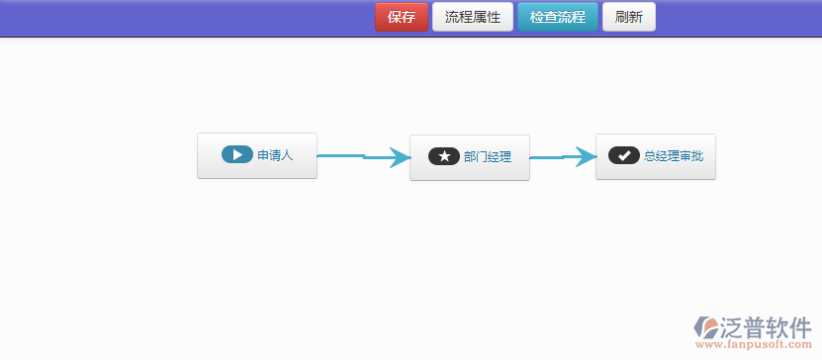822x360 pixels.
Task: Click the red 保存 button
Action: coord(401,17)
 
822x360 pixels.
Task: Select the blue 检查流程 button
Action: coord(557,17)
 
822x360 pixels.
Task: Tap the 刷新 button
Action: coord(628,17)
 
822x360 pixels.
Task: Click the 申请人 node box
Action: coord(256,155)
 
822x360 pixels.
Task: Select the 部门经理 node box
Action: coord(469,157)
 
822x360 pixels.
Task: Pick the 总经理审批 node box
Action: coord(655,156)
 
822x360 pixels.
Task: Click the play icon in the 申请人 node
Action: coord(237,155)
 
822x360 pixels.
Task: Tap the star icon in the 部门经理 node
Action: coord(444,156)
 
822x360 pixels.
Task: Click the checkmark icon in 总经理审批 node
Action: coord(623,155)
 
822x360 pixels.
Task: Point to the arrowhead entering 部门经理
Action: coord(399,157)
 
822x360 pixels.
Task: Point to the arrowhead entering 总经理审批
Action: coord(587,156)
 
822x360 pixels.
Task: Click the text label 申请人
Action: coord(275,155)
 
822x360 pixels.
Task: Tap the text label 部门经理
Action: coord(487,157)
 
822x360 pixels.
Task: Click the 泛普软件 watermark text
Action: coord(763,327)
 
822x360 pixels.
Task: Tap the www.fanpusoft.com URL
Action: coord(754,346)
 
